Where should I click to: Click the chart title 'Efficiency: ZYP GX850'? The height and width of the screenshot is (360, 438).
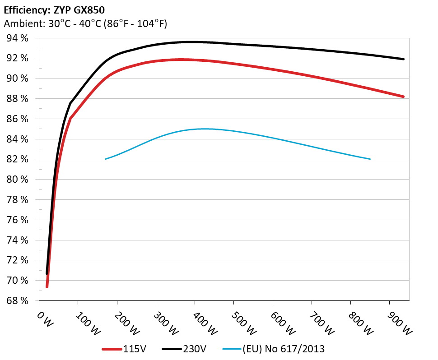(x=54, y=9)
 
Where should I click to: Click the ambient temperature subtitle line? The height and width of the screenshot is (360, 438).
(x=85, y=24)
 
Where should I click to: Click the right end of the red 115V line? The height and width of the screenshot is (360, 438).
(x=403, y=97)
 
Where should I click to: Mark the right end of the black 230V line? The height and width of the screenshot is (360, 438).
(x=403, y=59)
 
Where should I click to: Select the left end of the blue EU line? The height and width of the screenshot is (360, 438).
(x=105, y=159)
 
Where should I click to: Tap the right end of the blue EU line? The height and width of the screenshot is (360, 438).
(x=370, y=159)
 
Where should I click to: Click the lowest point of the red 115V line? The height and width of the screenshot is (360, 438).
(x=47, y=286)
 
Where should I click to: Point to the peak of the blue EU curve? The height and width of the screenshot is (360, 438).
(x=194, y=129)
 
